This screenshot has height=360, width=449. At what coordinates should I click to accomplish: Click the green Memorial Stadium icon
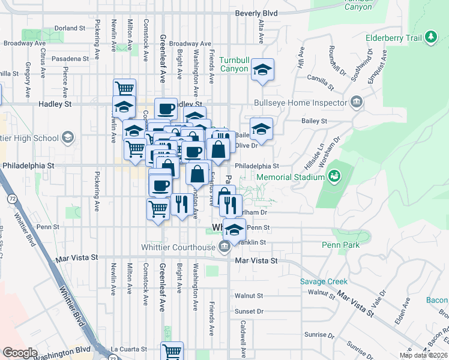[x=333, y=177]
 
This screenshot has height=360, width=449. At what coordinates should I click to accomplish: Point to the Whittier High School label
[x=29, y=138]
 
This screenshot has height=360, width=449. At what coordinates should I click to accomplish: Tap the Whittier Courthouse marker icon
[x=224, y=247]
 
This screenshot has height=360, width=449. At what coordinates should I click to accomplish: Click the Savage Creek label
[x=324, y=281]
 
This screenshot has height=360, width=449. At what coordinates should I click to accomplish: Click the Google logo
[x=20, y=353]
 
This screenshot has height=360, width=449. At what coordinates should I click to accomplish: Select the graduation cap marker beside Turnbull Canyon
[x=262, y=70]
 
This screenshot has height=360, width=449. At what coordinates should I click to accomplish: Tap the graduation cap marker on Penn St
[x=234, y=229]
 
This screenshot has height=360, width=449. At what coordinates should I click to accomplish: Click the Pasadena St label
[x=70, y=59]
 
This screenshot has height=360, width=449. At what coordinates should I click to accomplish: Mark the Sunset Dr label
[x=249, y=311]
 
